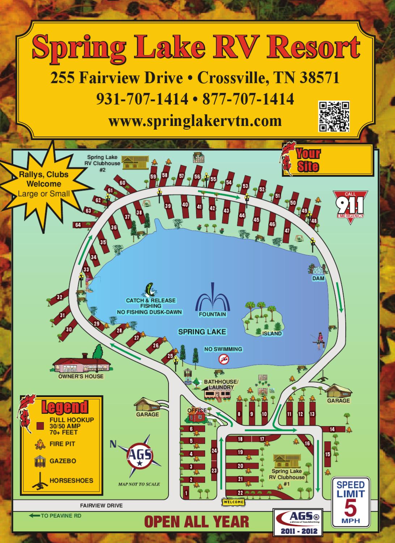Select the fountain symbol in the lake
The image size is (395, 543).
pos(212,301)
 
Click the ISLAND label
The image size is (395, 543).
pos(272,333)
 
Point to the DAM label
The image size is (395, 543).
pos(318,278)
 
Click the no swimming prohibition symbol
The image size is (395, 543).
pos(224,359)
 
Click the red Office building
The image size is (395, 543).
pos(195,416)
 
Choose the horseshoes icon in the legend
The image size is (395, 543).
pos(41,480)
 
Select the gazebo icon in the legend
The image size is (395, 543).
pos(40,461)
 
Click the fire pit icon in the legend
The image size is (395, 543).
pos(40,444)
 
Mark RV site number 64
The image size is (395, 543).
pos(78,225)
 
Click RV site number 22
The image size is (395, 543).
pos(240,492)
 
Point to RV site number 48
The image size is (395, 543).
pos(314,220)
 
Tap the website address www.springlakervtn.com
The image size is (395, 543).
pos(195,121)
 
